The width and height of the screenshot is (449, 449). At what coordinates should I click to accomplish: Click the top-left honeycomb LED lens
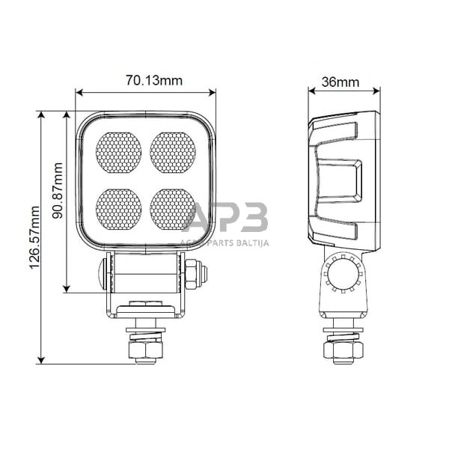[118, 152]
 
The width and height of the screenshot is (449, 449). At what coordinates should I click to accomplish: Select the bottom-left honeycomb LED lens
[118, 208]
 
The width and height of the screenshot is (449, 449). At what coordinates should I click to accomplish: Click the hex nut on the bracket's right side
[193, 273]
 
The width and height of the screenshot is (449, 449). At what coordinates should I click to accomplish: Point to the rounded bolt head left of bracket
[100, 273]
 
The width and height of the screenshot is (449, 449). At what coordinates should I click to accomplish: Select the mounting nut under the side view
[343, 349]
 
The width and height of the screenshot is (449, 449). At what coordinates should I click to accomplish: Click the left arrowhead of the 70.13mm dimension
[79, 93]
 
